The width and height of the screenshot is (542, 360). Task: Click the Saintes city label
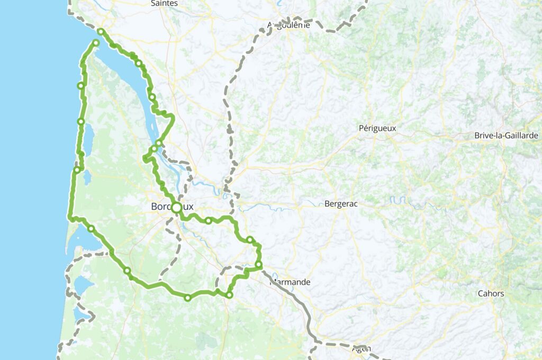(x=164, y=3)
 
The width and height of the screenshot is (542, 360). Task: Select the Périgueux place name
(x=377, y=128)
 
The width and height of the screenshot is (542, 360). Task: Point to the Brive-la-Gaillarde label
(x=506, y=136)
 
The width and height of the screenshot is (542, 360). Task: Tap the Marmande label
(x=291, y=282)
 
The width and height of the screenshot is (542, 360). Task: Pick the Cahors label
(x=491, y=293)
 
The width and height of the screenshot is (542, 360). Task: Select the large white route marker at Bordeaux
(x=176, y=208)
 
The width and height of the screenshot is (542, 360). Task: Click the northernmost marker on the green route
(x=100, y=31)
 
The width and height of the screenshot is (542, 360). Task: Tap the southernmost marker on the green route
(x=187, y=298)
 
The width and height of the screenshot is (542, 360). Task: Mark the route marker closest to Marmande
(x=258, y=264)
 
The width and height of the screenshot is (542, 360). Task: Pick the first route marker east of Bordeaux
(x=209, y=220)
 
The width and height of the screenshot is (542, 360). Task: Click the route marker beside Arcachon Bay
(x=91, y=229)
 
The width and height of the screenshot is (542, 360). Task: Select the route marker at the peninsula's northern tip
(x=96, y=43)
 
